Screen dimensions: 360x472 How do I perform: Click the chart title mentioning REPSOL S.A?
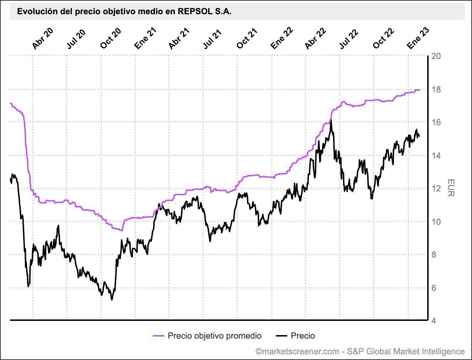(x=124, y=12)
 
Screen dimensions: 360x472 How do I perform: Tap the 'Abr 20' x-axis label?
(x=42, y=38)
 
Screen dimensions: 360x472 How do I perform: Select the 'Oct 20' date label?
(x=111, y=38)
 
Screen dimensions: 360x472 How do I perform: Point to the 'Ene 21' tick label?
(x=145, y=38)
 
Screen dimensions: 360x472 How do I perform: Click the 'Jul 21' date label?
(x=212, y=38)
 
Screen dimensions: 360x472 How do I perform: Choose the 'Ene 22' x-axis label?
(x=281, y=38)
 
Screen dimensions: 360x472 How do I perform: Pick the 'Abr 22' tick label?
(x=315, y=38)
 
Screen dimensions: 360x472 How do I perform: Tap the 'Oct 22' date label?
(x=383, y=38)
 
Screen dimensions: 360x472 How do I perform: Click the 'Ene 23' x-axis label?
(x=418, y=38)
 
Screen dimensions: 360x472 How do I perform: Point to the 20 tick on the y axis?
(x=436, y=56)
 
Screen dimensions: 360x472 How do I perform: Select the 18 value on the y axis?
(x=436, y=89)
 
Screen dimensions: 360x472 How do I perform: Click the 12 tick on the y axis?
(x=436, y=189)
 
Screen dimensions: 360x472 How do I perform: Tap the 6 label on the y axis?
(x=434, y=288)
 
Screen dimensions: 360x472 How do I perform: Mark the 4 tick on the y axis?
(x=434, y=321)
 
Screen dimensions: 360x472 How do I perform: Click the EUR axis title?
(x=451, y=187)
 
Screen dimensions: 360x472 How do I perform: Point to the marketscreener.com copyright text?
(x=360, y=351)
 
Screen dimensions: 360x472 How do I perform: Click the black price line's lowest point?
(x=112, y=300)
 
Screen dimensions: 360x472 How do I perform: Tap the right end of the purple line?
(x=419, y=90)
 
